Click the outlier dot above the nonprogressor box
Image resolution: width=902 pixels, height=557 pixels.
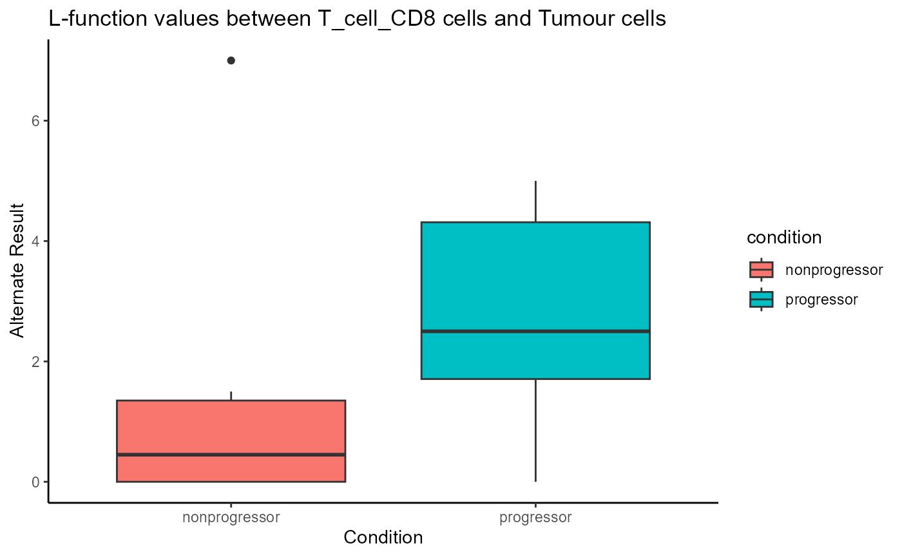coord(231,61)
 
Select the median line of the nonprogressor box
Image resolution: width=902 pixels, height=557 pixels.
coord(231,455)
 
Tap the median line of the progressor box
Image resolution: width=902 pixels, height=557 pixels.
coord(535,331)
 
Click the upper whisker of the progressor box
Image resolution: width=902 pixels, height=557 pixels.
coord(535,201)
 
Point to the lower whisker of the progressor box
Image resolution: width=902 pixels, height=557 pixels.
coord(535,430)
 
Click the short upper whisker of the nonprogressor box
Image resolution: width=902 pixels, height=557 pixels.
coord(231,396)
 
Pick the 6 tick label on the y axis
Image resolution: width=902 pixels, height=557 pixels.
coord(35,121)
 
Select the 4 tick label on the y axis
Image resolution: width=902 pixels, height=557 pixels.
coord(35,241)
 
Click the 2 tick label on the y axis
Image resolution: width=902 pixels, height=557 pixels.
coord(35,361)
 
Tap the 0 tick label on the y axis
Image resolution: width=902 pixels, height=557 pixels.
coord(35,482)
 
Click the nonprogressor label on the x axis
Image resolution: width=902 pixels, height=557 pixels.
coord(231,518)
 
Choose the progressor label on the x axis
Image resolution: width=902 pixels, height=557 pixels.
coord(535,518)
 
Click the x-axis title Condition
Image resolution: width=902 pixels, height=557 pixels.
coord(383,538)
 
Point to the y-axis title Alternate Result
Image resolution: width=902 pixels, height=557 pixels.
coord(17,270)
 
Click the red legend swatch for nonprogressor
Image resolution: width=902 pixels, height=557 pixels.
coord(761,270)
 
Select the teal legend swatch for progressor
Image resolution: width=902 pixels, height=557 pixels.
coord(761,299)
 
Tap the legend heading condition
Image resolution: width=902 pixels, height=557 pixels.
coord(784,238)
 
